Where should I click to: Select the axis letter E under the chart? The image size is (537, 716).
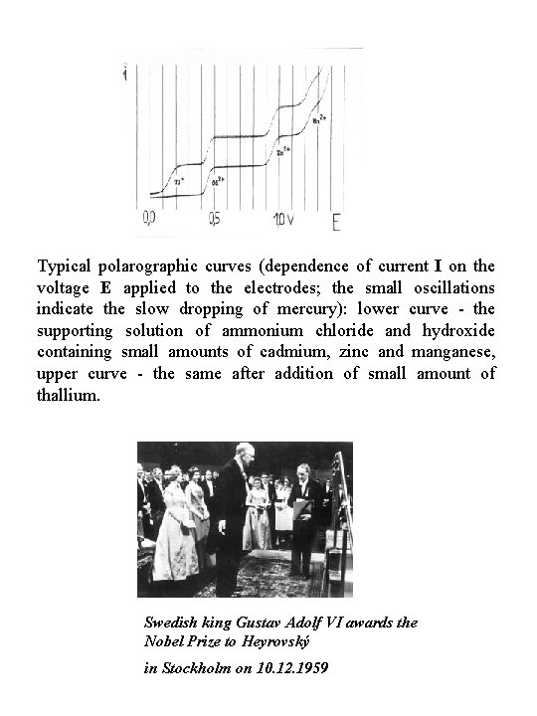click(x=337, y=221)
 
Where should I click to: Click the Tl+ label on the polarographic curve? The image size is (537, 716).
click(x=179, y=181)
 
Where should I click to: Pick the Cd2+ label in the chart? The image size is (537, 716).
click(x=219, y=182)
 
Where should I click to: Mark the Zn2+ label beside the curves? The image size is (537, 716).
click(x=283, y=153)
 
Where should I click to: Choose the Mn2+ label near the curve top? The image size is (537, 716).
click(x=319, y=118)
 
